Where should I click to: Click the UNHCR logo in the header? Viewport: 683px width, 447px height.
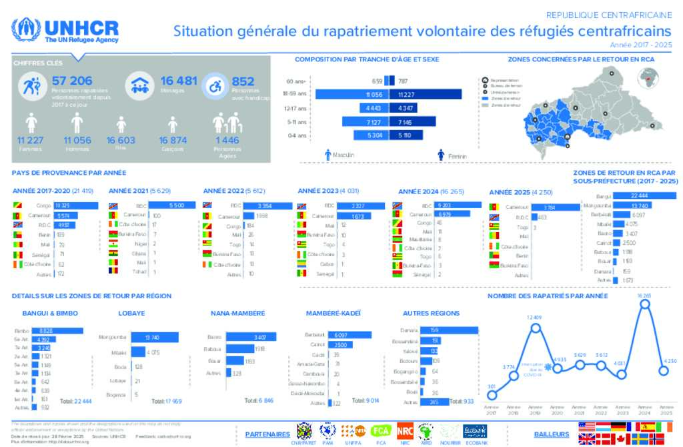[x=65, y=30]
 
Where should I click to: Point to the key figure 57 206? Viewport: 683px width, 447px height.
[x=72, y=81]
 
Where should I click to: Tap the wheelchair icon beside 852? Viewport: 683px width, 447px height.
[x=215, y=86]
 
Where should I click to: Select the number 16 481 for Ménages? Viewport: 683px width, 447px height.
[x=178, y=81]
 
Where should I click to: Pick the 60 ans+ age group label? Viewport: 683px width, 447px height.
[x=297, y=81]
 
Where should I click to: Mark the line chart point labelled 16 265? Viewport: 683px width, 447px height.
[x=644, y=304]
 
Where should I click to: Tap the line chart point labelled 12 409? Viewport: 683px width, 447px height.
[x=535, y=326]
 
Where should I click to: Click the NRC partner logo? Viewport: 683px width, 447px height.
[x=405, y=431]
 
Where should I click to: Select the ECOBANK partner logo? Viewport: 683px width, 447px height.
[x=474, y=431]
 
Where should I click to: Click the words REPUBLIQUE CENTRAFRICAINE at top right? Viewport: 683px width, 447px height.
[x=609, y=15]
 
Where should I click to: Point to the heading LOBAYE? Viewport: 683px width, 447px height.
[x=131, y=313]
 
